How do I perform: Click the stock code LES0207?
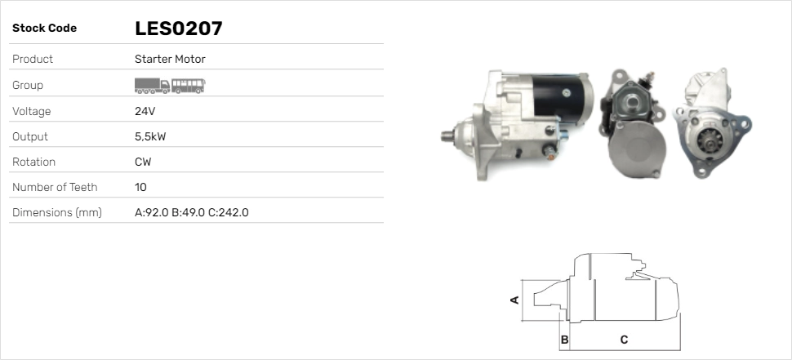tap(178, 29)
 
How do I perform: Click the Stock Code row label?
tap(44, 29)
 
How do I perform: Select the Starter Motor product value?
tap(170, 59)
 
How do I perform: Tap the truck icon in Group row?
tap(152, 84)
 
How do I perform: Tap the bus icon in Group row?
tap(189, 84)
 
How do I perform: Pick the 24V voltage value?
tap(145, 111)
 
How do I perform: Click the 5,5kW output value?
tap(150, 136)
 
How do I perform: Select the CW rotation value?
tap(143, 162)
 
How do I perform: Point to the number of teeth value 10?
tap(140, 187)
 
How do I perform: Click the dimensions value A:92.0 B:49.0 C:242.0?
tap(191, 212)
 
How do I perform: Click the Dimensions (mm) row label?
tap(56, 212)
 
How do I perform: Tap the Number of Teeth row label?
tap(55, 187)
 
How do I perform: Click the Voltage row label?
tap(31, 111)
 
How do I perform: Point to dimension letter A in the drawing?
tap(514, 300)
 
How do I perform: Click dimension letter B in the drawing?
tap(564, 339)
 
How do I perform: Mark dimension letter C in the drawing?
tap(624, 339)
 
